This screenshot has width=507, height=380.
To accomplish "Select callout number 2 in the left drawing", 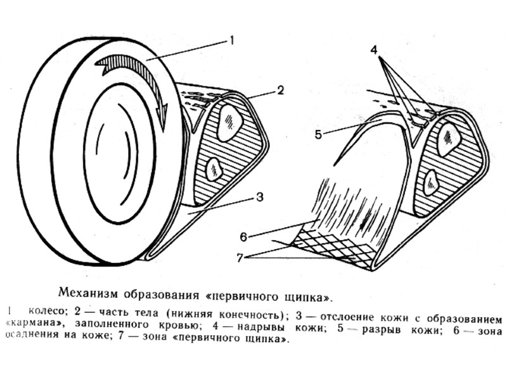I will (280, 90).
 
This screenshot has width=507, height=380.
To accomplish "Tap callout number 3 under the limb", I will (259, 197).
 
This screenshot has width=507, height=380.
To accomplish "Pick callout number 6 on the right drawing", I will (243, 236).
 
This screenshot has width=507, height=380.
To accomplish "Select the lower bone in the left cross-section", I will (214, 170).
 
